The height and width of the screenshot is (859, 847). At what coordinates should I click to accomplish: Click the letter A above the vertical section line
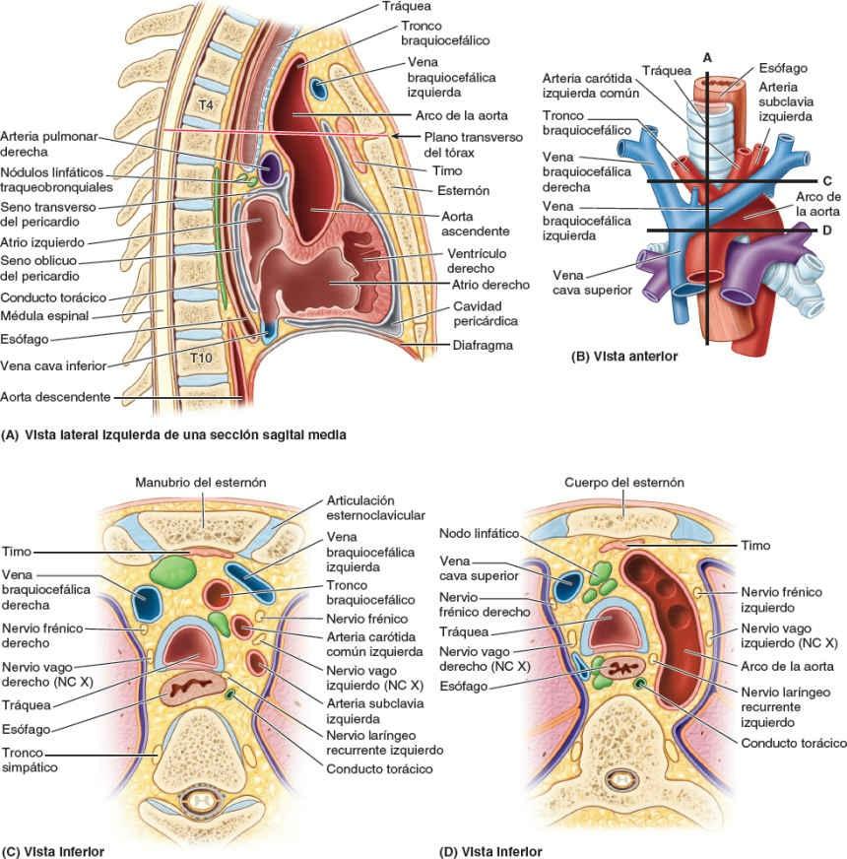tap(707, 58)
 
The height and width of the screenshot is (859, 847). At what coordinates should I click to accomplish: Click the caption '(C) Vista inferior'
tap(53, 850)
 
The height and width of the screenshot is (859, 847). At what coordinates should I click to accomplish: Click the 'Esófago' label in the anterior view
tap(784, 68)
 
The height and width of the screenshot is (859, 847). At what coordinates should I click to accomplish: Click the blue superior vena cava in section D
tap(567, 588)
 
